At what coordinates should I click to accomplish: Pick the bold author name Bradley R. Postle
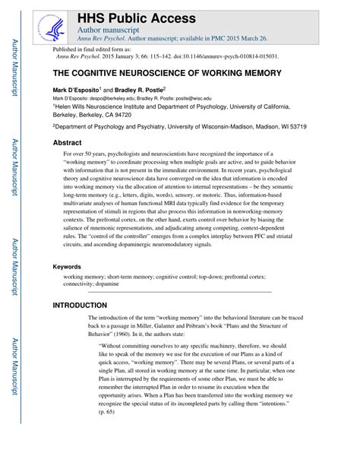pos(140,90)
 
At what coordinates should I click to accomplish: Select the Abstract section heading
pos(67,143)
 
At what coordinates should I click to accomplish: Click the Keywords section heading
pos(68,267)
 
